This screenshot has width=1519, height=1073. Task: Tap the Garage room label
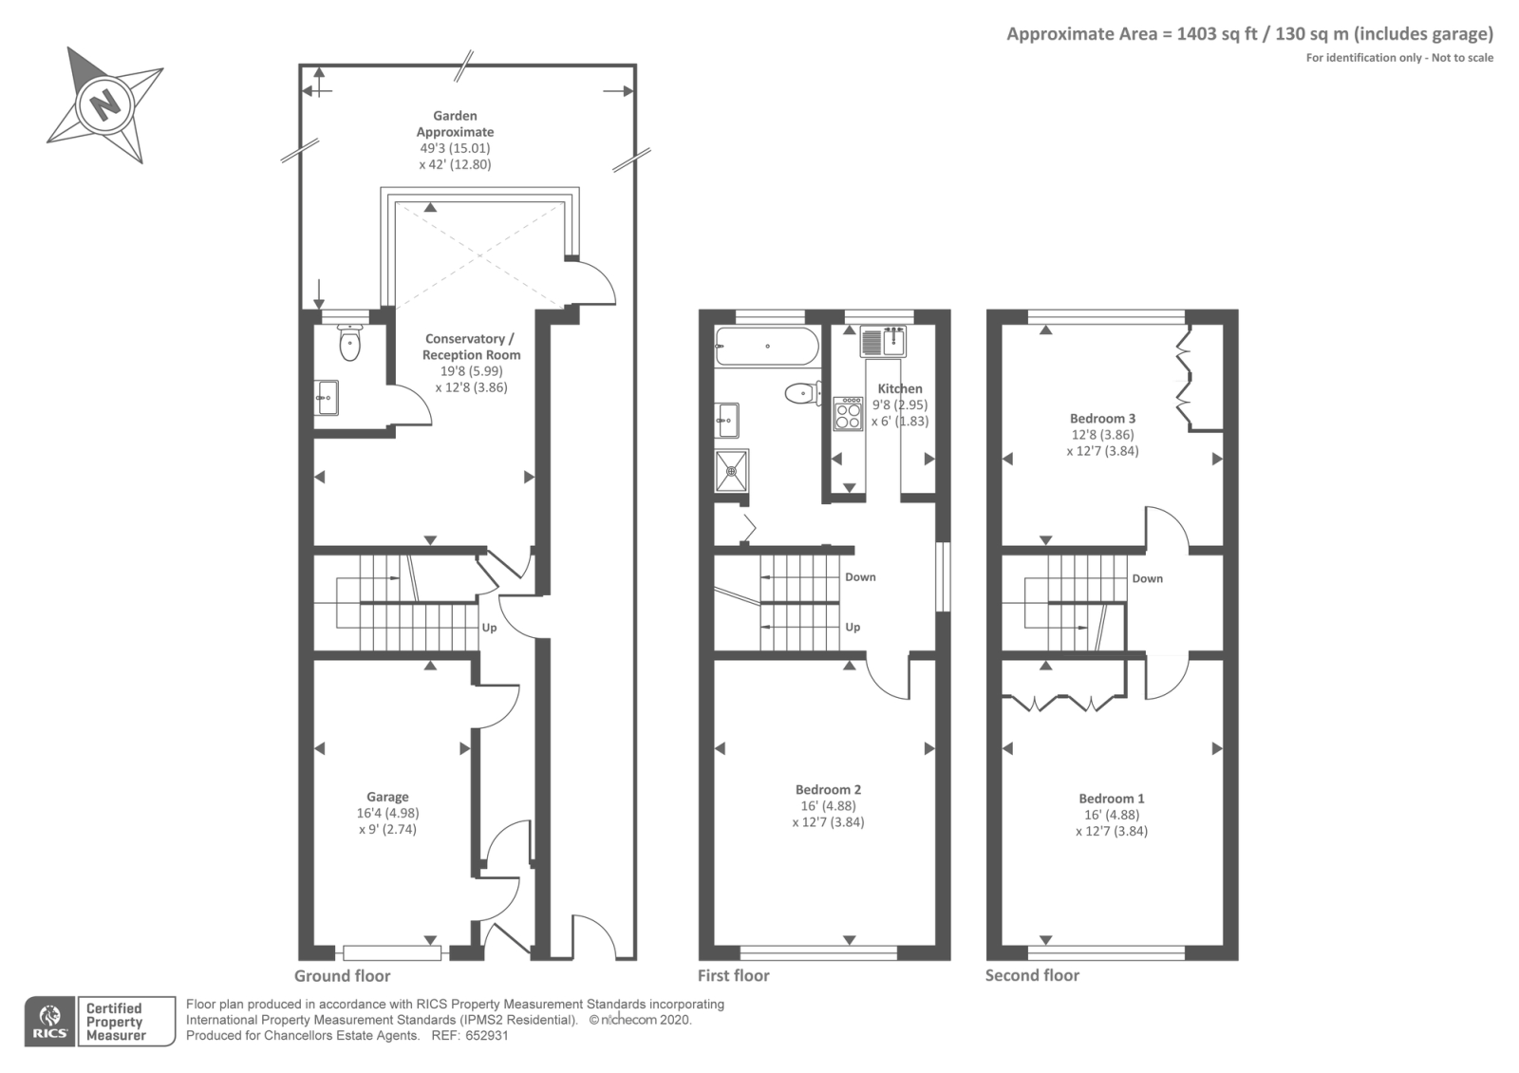[x=387, y=798]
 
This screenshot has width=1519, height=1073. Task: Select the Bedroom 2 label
[x=828, y=790]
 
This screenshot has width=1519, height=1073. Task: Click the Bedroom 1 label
[x=1111, y=799]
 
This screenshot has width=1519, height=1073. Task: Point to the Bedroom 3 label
[x=1102, y=419]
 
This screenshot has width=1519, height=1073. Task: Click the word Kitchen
[x=899, y=388]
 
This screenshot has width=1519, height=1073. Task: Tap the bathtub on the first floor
[x=766, y=347]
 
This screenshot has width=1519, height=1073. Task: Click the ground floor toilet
[x=349, y=343]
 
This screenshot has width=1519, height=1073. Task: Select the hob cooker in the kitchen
[x=848, y=413]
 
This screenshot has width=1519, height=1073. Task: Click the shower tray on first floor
[x=732, y=470]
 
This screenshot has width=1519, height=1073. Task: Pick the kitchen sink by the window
[x=883, y=341]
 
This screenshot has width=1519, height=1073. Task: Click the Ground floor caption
[x=342, y=975]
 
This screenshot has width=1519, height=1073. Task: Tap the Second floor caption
[x=1032, y=975]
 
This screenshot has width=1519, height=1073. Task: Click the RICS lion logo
[x=49, y=1021]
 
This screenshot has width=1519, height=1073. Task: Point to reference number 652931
[x=486, y=1036]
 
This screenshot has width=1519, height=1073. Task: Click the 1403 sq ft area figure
[x=1217, y=34]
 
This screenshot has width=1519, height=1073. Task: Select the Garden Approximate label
[x=455, y=123]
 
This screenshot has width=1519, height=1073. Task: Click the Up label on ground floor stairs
[x=489, y=628]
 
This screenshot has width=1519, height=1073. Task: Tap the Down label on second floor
[x=1147, y=578]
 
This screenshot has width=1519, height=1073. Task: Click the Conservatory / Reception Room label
[x=471, y=347]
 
